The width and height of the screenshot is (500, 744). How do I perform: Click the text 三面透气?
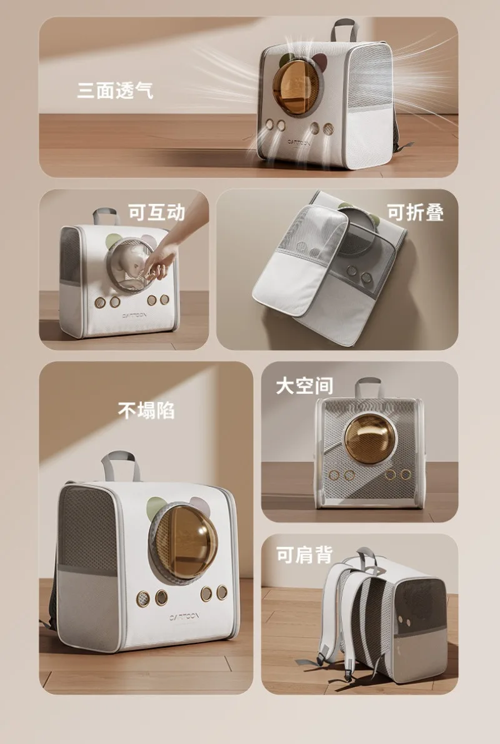(x=115, y=90)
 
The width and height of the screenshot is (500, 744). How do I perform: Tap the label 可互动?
(x=156, y=213)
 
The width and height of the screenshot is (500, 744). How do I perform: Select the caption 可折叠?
(x=415, y=213)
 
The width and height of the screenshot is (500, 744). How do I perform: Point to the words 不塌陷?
(x=146, y=410)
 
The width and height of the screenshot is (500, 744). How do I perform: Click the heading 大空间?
(x=304, y=386)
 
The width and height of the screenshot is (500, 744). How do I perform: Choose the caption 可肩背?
(x=304, y=554)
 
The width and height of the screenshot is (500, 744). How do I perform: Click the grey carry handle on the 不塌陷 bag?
(x=121, y=466)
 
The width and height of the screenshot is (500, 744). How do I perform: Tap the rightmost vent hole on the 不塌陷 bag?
(x=222, y=592)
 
